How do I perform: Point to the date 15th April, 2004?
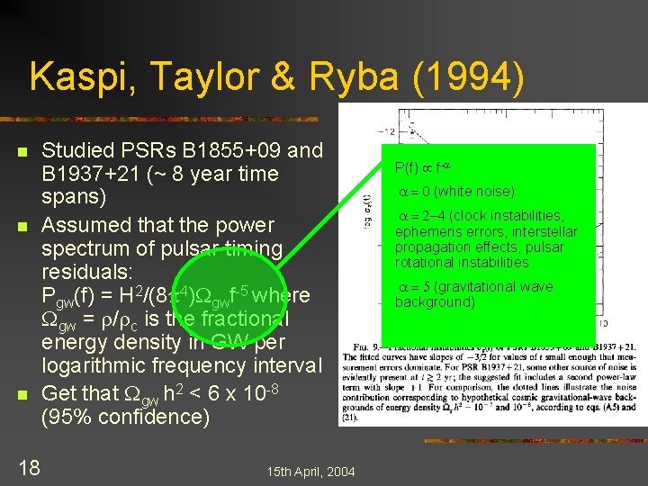(311, 472)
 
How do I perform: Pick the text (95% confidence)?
(125, 418)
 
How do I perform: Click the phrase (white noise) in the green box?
(476, 192)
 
